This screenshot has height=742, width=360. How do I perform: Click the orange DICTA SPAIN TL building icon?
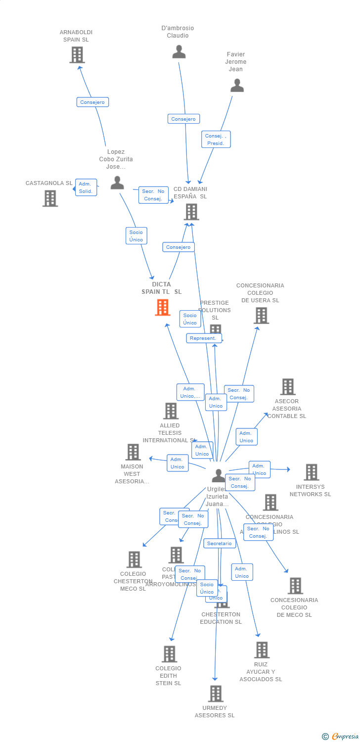point(163,307)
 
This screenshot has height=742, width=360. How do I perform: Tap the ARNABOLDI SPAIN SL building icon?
point(77,55)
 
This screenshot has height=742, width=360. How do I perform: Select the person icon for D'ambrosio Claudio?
point(179,51)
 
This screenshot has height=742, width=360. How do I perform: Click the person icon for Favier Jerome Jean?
point(237,86)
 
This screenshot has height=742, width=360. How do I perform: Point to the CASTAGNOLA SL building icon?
point(50,198)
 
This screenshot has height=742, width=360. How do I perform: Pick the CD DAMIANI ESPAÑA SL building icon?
point(191,212)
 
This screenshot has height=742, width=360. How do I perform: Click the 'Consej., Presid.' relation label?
point(216,139)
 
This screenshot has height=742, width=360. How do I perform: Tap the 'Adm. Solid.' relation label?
point(86,187)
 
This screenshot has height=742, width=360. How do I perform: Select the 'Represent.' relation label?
point(203,338)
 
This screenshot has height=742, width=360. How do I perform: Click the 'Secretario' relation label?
point(219,543)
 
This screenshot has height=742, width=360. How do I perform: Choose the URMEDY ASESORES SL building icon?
point(215,694)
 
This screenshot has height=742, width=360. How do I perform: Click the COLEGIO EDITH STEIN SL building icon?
point(169,654)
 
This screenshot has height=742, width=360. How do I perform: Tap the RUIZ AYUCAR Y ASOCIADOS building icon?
point(261,650)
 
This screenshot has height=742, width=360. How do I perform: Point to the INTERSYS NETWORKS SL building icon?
point(311,472)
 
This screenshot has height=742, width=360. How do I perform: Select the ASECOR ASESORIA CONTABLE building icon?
point(287,387)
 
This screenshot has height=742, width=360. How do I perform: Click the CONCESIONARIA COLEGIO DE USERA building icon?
point(261,316)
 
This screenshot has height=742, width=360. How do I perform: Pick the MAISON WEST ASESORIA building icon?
point(133,452)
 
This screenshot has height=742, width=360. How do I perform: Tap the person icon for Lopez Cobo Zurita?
point(117,183)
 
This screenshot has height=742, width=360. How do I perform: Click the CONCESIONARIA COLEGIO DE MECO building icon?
point(295,586)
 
